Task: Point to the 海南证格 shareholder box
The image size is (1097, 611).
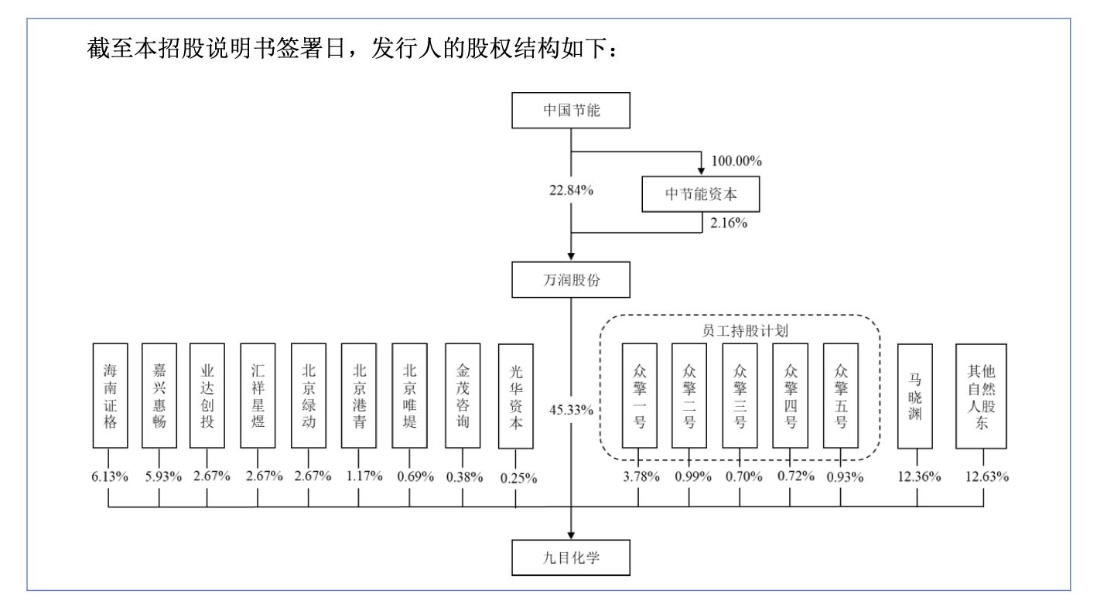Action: pos(109,395)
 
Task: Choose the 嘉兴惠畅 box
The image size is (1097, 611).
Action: pos(159,395)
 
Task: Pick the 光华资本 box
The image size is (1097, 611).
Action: pos(517,395)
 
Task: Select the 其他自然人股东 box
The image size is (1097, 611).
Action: pos(983,395)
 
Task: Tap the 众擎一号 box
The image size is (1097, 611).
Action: pos(639,395)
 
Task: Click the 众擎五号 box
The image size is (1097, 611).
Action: pos(841,395)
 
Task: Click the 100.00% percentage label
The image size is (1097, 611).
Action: pos(736,162)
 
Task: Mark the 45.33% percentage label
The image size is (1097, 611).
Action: pos(572,409)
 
